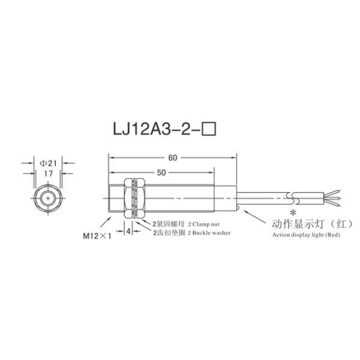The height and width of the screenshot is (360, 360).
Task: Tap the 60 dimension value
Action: pos(173,158)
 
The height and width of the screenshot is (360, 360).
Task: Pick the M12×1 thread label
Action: pos(98,235)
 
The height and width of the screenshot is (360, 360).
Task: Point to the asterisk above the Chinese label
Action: pos(293,213)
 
